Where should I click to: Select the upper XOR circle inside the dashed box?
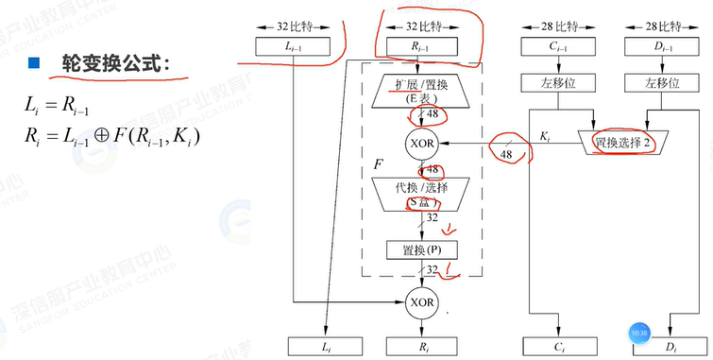420,144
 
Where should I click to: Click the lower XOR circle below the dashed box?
420,303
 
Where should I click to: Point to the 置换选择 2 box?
620,143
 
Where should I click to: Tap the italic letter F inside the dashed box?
379,166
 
